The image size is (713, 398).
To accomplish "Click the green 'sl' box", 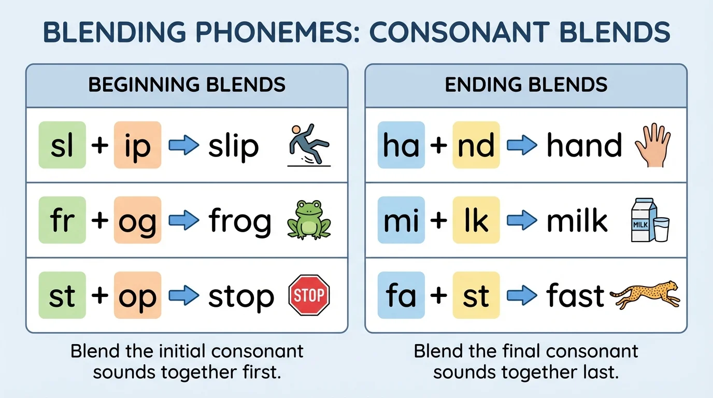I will point(62,145).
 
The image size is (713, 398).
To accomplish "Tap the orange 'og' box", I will point(137,220).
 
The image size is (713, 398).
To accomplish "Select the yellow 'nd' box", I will point(476,145).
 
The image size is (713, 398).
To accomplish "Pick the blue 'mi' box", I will point(401,220).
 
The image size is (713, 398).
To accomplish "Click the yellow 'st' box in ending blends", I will point(476,295).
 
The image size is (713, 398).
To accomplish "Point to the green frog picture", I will point(309,220).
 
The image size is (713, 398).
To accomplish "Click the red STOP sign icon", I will point(309,295).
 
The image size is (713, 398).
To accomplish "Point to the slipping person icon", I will point(309,145).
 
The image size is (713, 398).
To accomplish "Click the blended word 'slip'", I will point(233,146).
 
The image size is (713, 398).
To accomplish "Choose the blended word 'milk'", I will point(577,221).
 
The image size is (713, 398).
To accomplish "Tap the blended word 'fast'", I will point(575,295).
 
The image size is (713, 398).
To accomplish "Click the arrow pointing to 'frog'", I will point(184,220).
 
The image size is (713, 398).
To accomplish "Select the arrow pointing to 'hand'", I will point(522,146).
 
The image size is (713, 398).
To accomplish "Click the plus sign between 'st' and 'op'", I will point(99,295).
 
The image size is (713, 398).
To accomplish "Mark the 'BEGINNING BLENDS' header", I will point(187,84).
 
